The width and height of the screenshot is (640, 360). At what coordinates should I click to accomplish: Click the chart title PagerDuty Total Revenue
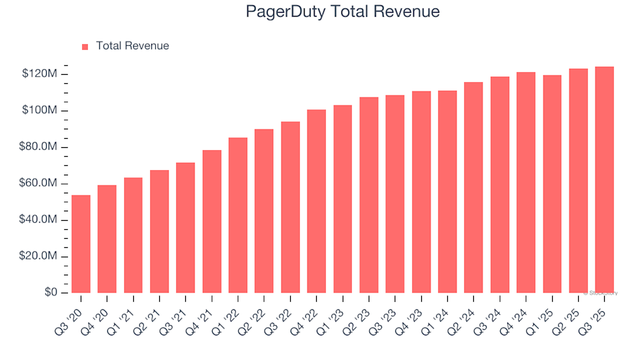tap(343, 12)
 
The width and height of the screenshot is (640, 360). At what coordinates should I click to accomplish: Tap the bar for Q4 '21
tap(212, 221)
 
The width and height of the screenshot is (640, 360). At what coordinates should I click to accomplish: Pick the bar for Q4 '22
tap(317, 201)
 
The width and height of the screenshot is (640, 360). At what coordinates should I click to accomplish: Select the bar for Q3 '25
tap(605, 180)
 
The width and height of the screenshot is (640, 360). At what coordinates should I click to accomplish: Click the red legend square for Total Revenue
tap(85, 47)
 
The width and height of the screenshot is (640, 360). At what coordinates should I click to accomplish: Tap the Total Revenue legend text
tap(132, 46)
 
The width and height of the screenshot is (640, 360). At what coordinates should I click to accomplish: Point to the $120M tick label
tap(39, 73)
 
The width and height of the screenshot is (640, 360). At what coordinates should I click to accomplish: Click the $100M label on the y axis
tap(39, 110)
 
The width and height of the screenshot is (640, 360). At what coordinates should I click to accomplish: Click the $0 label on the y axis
tap(49, 293)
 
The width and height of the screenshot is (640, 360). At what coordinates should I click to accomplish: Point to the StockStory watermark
tap(601, 293)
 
